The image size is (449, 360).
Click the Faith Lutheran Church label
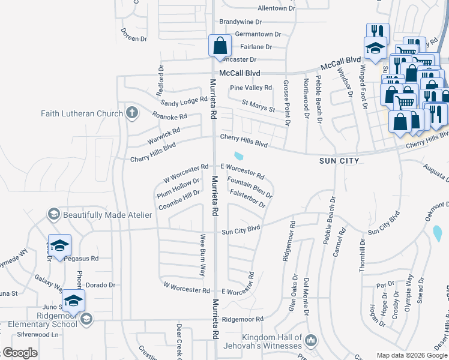82,113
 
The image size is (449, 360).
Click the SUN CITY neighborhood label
339,161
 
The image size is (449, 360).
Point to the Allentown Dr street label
277,8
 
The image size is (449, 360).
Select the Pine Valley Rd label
252,88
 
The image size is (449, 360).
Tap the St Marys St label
258,106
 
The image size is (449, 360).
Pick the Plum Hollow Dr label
178,188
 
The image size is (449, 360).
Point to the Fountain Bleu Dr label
250,187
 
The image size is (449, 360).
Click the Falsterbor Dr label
247,199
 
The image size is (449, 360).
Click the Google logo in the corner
20,352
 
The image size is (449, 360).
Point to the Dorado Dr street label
100,285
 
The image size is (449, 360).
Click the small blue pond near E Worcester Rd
240,157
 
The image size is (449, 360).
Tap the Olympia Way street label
409,289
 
